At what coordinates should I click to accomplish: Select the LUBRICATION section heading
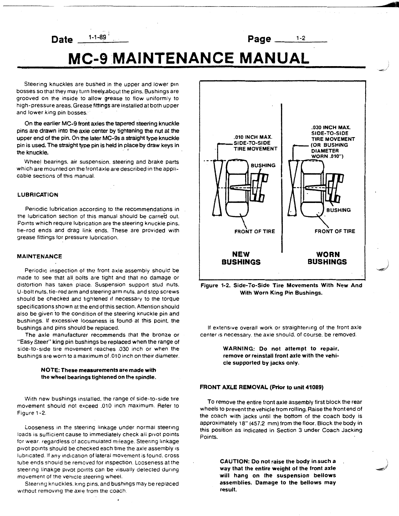(37, 195)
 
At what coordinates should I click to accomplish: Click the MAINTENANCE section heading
(39, 256)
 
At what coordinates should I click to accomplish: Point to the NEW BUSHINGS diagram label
(241, 258)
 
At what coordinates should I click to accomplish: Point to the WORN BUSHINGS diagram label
(327, 258)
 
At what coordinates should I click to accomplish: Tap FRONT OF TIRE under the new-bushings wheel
(255, 232)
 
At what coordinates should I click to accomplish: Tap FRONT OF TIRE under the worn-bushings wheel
(335, 232)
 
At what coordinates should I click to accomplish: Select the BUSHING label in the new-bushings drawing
(263, 165)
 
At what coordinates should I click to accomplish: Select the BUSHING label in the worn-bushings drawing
(338, 210)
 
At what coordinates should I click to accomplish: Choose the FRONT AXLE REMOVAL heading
(234, 387)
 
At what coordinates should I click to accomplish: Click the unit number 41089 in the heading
(313, 387)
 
